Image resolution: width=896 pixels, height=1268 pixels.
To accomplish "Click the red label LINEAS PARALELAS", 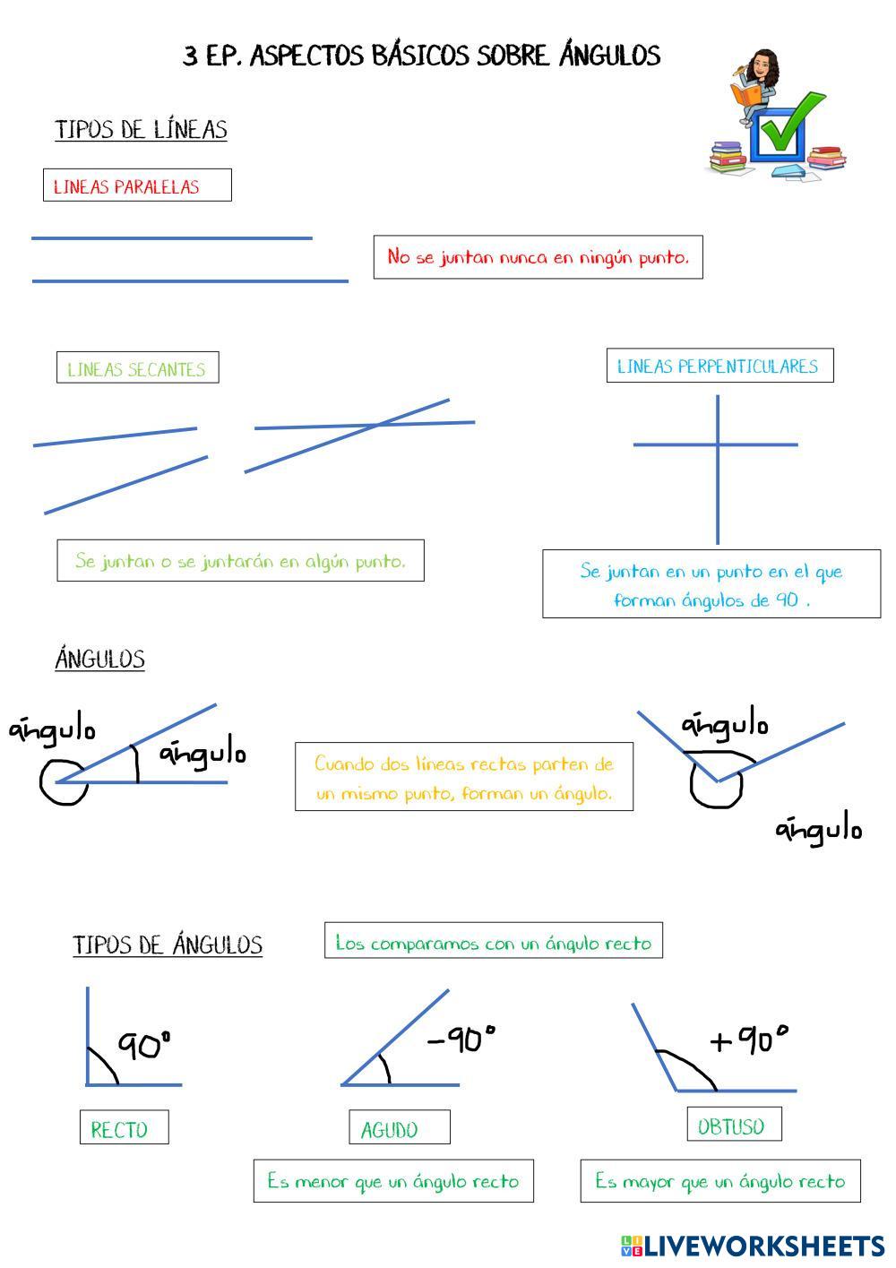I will tap(137, 185).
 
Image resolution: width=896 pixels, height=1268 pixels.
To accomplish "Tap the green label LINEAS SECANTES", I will tap(137, 368).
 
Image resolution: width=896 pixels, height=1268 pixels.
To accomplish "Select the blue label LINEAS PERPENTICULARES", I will tap(719, 366).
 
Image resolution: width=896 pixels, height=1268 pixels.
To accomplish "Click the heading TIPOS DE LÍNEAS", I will tap(141, 130).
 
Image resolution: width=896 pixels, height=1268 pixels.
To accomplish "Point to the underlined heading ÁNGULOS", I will tap(99, 660).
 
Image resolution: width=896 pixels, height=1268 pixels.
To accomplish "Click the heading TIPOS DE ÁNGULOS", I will tap(168, 945).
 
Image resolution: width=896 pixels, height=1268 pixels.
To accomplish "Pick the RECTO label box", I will tap(124, 1128).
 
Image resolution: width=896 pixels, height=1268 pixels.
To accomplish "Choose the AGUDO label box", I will tap(399, 1128).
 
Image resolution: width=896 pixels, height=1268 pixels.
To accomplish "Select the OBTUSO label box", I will tap(734, 1126).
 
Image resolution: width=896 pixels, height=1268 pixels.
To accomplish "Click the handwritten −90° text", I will tap(461, 1039).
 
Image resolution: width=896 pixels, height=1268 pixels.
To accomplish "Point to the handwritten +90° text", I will tap(749, 1039).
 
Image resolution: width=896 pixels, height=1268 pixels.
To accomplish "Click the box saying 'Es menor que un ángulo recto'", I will tap(393, 1181).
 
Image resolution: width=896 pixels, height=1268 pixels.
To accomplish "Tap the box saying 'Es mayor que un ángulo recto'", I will tap(719, 1181).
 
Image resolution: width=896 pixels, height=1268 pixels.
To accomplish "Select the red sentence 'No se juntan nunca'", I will tap(538, 257).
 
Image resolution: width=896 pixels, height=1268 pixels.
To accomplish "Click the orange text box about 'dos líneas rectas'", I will tap(463, 777).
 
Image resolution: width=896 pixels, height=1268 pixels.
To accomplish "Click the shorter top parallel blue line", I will tap(172, 238).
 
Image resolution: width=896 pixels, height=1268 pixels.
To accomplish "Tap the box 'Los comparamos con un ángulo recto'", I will tap(493, 941).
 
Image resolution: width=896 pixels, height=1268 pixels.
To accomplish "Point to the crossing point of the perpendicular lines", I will tap(718, 444).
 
